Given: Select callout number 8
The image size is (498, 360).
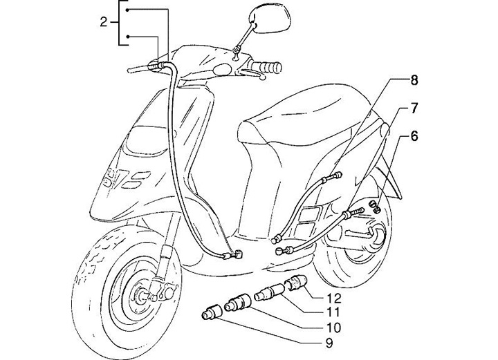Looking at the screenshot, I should point(414,80).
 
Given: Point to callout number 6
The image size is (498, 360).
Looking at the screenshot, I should point(414,136).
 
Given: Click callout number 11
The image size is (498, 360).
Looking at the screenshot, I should point(333,312).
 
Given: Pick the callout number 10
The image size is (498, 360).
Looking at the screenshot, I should point(333,327).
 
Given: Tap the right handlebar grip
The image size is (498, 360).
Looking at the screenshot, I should point(267,67).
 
